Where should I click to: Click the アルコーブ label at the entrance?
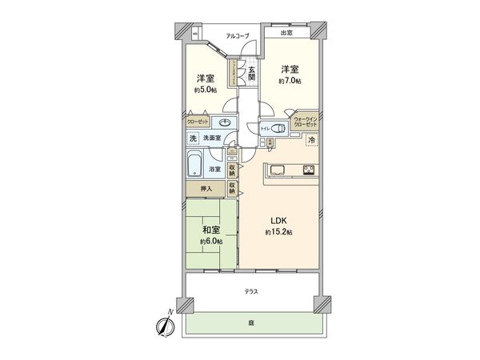237,36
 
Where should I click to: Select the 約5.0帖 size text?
206,90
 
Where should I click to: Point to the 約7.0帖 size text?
290,81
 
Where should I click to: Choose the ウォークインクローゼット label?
305,122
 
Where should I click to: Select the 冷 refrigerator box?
311,140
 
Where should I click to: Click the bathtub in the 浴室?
195,168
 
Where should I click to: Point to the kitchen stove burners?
308,169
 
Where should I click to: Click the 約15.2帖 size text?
278,232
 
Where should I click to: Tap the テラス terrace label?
251,292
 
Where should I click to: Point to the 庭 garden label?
250,322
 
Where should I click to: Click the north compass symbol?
165,326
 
